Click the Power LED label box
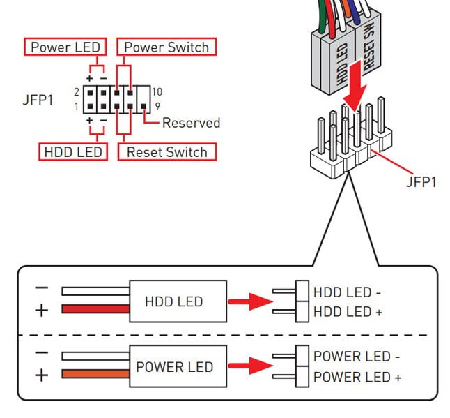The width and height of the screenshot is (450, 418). [65, 47]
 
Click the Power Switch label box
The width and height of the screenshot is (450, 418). [166, 47]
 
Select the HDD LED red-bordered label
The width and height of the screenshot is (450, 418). [73, 151]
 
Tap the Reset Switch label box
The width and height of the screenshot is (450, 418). [167, 151]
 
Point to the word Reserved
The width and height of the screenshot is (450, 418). [191, 123]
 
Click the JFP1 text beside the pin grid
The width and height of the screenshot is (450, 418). [38, 100]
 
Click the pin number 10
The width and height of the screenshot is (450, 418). [157, 92]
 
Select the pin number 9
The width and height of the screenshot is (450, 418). [157, 106]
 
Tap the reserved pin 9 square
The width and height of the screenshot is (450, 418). [143, 106]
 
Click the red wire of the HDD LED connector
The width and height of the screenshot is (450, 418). [95, 309]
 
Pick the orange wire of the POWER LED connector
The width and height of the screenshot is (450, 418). [95, 374]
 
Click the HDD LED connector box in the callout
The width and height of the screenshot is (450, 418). [178, 301]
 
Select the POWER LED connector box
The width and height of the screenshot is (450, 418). [178, 366]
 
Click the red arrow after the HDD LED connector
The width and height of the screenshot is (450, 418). [250, 301]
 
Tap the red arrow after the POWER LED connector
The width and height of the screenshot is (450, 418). [250, 366]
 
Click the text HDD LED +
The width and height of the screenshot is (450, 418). [348, 312]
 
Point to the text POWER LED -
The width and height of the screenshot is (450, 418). [357, 357]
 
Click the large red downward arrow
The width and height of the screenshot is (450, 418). [355, 86]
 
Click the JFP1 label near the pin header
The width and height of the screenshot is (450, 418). [421, 181]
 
